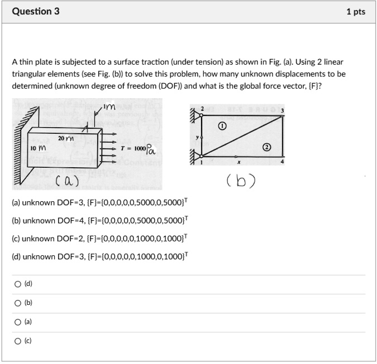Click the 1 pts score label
pos(355,12)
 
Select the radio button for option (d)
pos(19,284)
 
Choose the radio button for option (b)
pos(19,303)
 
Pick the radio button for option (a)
pos(19,322)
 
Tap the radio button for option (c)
pos(19,341)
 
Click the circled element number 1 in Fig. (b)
pos(222,127)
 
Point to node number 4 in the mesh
pos(282,161)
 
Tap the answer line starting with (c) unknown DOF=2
pos(100,238)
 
